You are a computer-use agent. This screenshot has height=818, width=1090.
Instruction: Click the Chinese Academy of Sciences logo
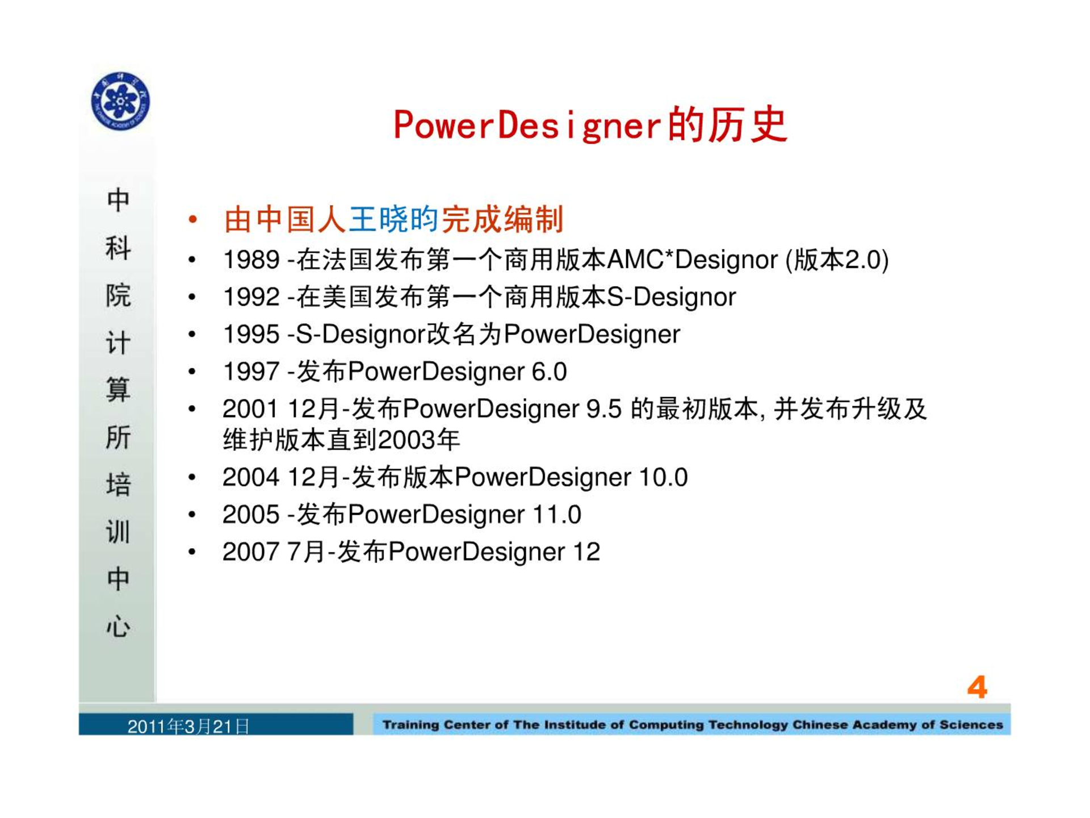point(120,101)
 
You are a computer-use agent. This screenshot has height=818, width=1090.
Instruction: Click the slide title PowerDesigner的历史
point(590,124)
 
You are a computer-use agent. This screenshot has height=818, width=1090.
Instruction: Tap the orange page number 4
point(977,687)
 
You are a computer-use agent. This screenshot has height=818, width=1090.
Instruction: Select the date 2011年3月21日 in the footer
point(188,726)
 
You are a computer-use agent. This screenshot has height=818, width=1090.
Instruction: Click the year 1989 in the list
point(251,260)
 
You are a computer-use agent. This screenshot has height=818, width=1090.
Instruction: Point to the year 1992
point(251,297)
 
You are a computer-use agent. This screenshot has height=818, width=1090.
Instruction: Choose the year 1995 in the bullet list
point(251,334)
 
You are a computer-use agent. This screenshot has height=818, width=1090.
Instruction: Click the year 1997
point(251,372)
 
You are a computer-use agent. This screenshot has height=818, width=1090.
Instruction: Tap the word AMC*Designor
point(692,260)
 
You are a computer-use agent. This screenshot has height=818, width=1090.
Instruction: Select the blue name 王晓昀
point(393,219)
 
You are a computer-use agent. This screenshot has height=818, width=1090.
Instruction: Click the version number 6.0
point(549,372)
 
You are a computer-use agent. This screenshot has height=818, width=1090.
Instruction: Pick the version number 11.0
point(556,515)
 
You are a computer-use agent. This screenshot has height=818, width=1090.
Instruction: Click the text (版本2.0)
point(837,260)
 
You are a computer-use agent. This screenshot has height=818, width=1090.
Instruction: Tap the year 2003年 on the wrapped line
point(419,440)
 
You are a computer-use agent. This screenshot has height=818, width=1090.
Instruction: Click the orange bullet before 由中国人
point(193,219)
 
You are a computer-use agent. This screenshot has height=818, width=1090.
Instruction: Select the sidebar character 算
point(118,390)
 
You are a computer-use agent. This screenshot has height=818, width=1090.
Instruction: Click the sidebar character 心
point(118,627)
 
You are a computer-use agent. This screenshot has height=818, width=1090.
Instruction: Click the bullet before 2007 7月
point(192,552)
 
